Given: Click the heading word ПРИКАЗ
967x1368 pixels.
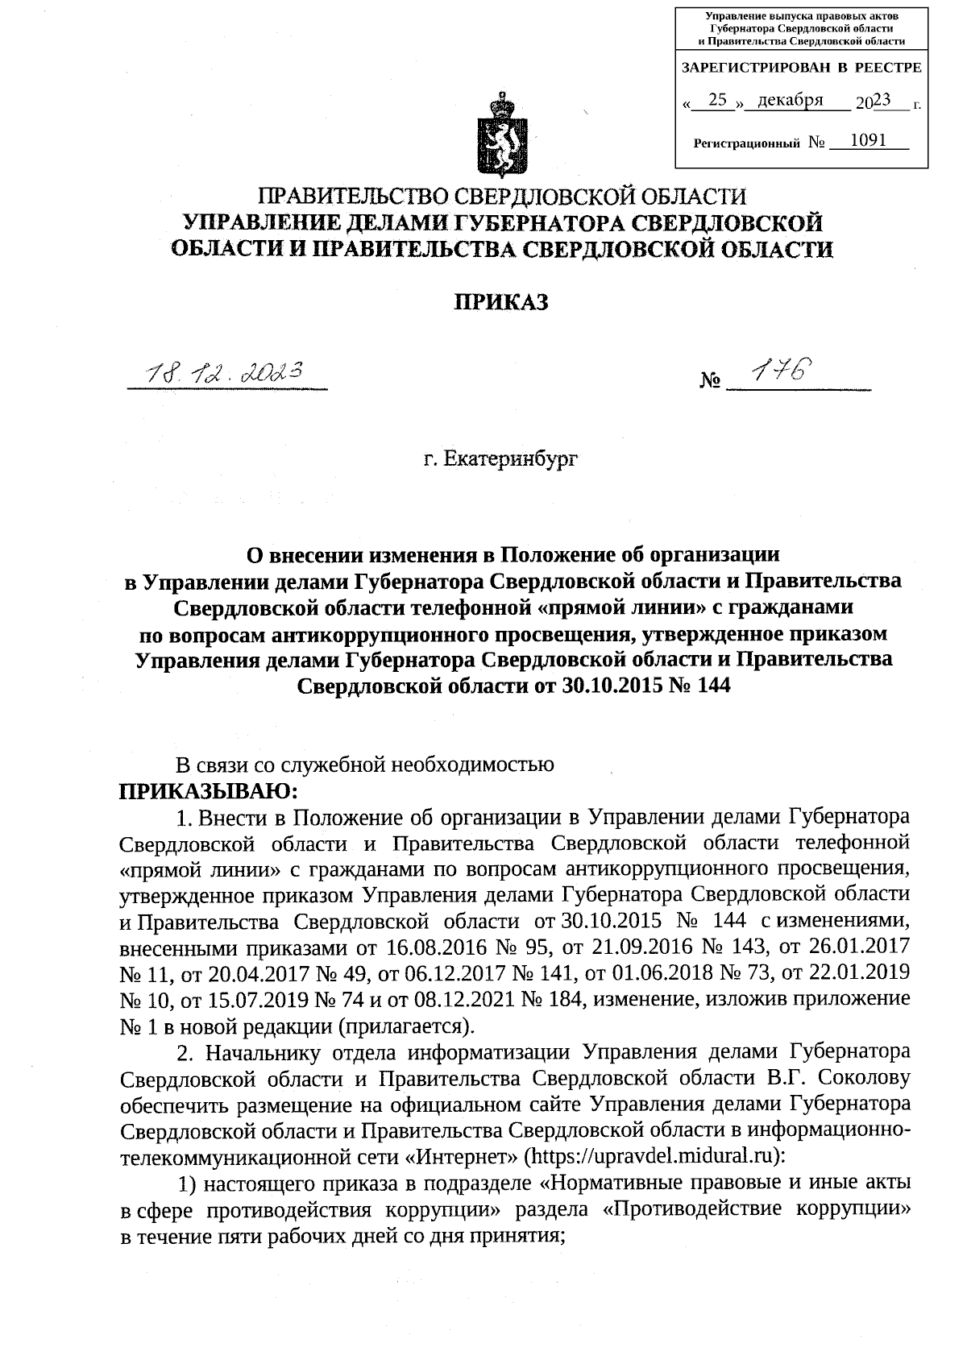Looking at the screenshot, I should pos(500,302).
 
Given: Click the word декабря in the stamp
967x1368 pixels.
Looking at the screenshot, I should pos(791,100).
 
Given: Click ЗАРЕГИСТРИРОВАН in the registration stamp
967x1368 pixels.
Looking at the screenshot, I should pos(757,68).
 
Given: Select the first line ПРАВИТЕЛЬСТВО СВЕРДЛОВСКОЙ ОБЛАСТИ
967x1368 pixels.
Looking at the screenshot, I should pos(500,197).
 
